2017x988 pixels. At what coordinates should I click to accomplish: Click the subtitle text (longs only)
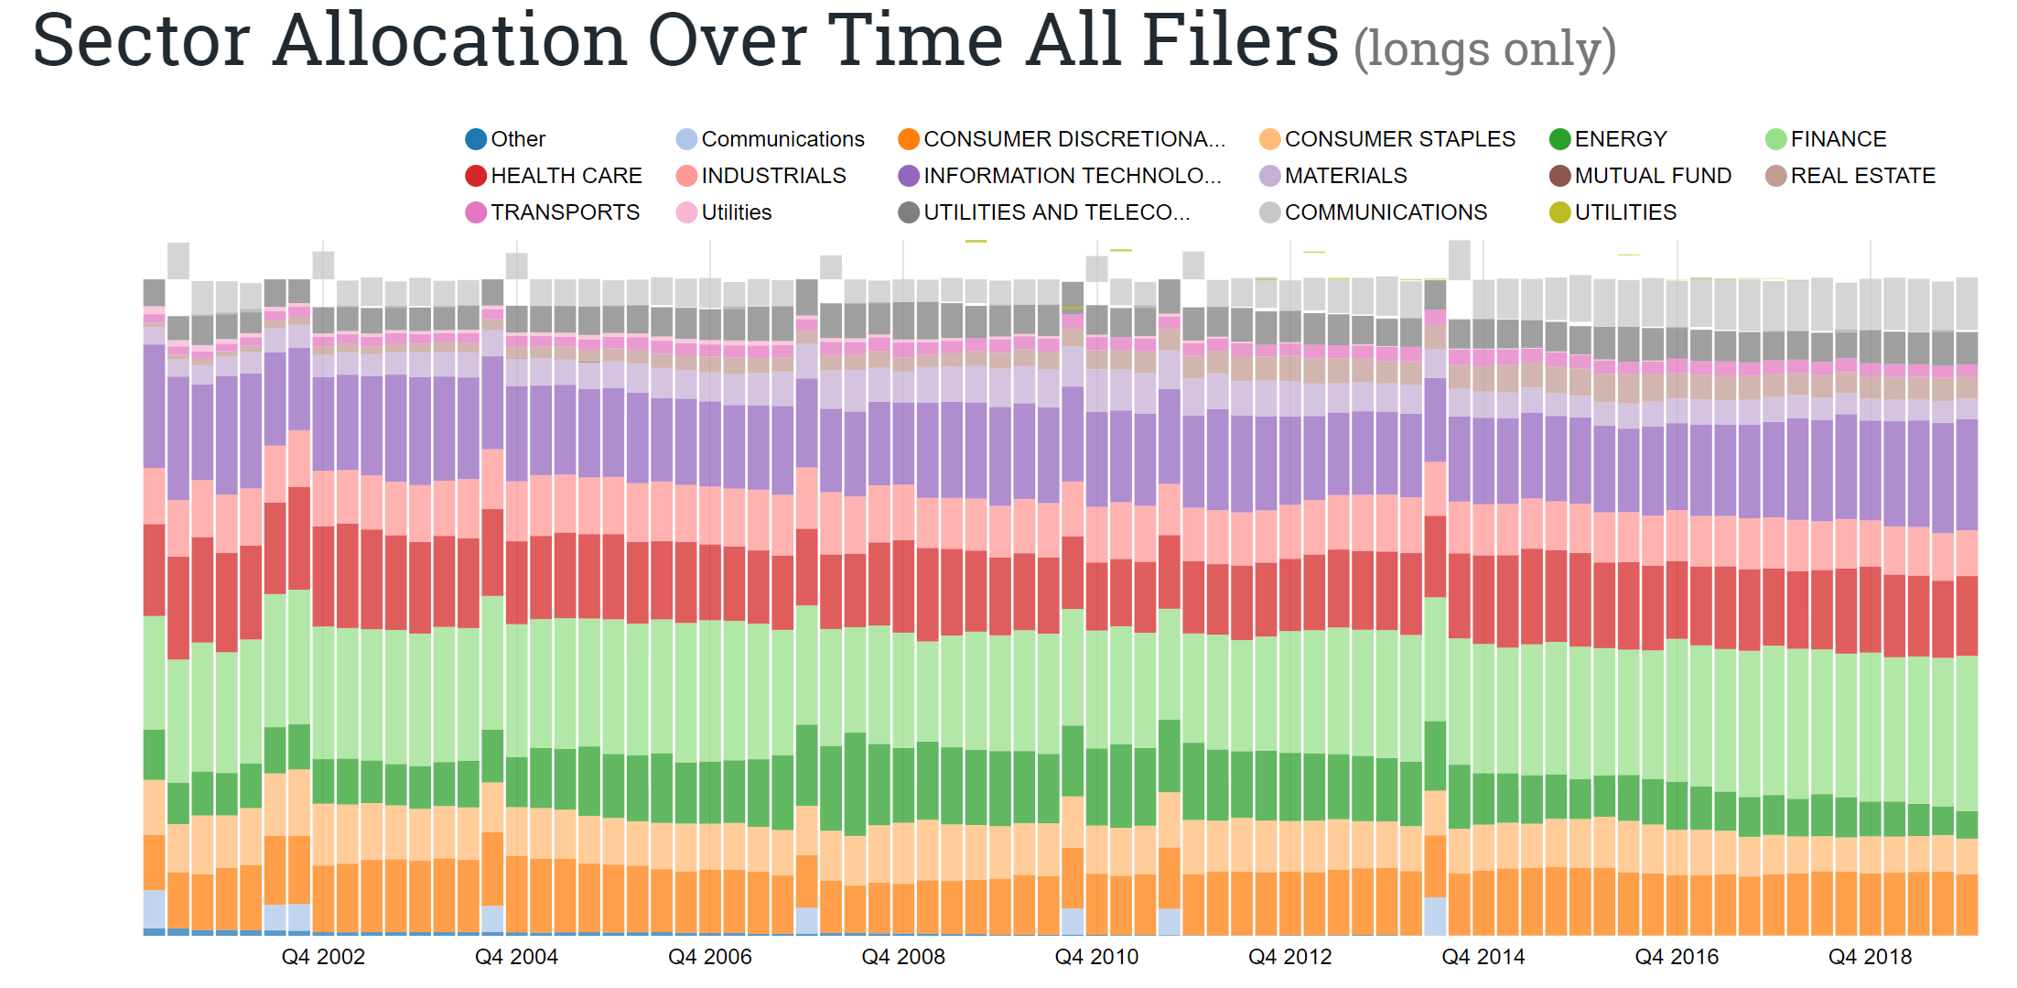click(x=1484, y=49)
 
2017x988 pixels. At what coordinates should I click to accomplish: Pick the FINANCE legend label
click(x=1838, y=139)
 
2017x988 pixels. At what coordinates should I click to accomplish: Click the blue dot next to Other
click(x=476, y=139)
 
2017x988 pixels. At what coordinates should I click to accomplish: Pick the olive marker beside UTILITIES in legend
click(x=1559, y=212)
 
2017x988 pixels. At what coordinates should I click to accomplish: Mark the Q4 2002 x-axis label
click(x=323, y=957)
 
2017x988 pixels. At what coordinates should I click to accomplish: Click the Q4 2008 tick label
click(x=903, y=957)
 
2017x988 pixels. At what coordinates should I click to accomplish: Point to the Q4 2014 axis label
click(x=1483, y=957)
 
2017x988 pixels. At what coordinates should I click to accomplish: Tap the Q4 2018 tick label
click(x=1870, y=957)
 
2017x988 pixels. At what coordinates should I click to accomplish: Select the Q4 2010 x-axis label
click(x=1096, y=957)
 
